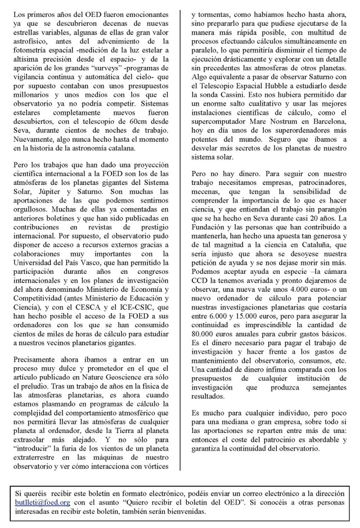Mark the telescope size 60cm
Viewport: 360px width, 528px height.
[139, 120]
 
